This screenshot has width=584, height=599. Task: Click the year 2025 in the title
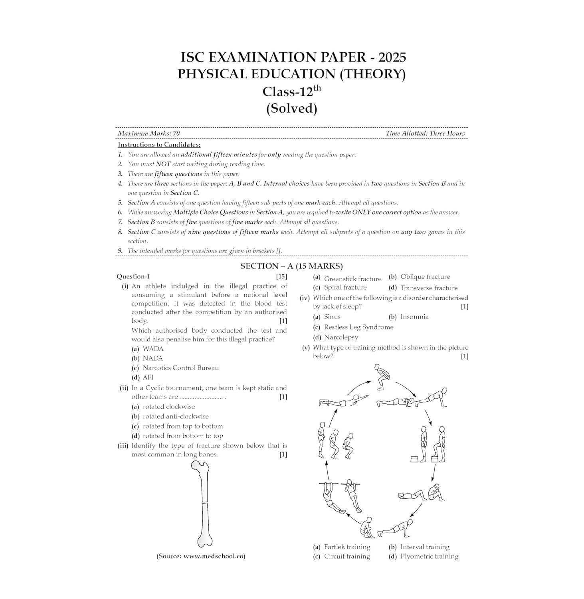click(x=392, y=57)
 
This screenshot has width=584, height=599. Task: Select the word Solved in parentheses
click(x=292, y=108)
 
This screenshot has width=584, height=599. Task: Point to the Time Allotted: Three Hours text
click(x=425, y=133)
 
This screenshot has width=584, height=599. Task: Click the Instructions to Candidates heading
click(x=159, y=145)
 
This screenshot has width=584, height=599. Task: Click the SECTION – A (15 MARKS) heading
click(x=291, y=266)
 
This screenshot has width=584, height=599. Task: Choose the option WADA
click(x=153, y=349)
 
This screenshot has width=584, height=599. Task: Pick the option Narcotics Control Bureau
click(x=180, y=368)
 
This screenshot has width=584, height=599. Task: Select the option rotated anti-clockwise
click(x=176, y=416)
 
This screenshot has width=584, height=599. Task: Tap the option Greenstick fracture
click(x=352, y=278)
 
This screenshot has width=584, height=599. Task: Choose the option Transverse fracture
click(x=429, y=288)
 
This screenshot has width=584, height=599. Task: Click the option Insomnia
click(x=414, y=317)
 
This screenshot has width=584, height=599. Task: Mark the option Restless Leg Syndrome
click(x=358, y=327)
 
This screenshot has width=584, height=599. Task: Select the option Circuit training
click(x=347, y=556)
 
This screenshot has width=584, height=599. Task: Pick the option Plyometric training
click(x=429, y=556)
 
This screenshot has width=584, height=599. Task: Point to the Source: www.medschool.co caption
click(x=201, y=556)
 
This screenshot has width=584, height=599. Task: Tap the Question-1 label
click(x=133, y=276)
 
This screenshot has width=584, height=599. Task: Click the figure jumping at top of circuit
click(x=381, y=377)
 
